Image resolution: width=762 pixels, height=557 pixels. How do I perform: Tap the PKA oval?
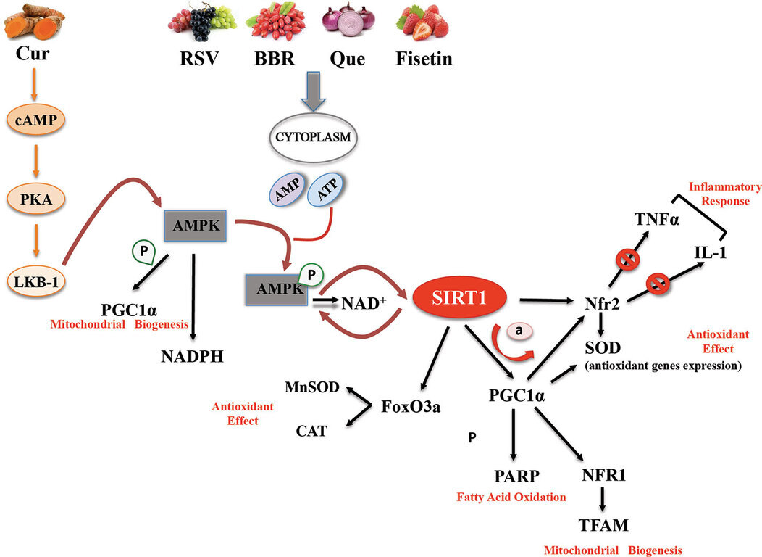pyautogui.click(x=35, y=197)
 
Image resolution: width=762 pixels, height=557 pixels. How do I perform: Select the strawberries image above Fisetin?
pyautogui.click(x=424, y=22)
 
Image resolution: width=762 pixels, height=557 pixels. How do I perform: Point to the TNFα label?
pyautogui.click(x=656, y=220)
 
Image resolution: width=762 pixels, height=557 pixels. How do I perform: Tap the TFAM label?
pyautogui.click(x=603, y=524)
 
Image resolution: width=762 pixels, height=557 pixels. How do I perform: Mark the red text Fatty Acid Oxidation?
pyautogui.click(x=511, y=498)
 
